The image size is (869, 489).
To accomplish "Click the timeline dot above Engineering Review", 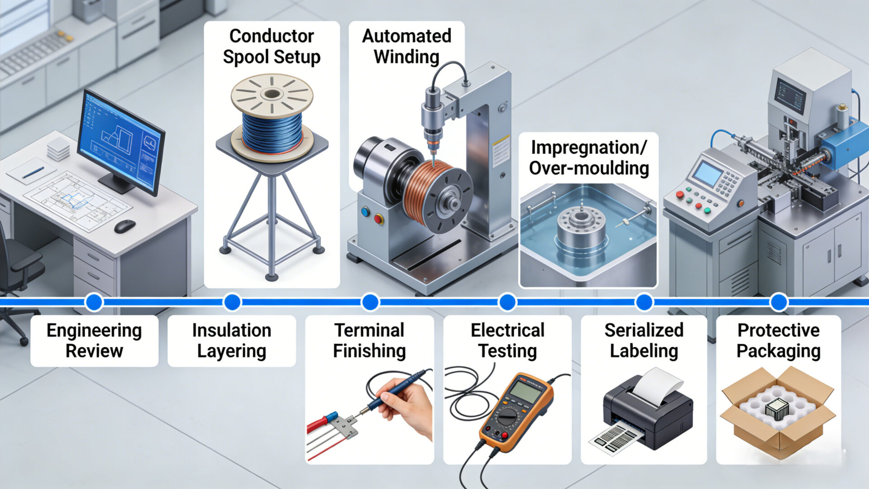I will point(94,302).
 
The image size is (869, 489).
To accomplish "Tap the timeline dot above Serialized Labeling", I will point(644,302).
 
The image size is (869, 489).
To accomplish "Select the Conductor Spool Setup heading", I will point(272,46).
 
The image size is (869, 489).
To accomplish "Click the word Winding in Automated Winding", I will point(406,57).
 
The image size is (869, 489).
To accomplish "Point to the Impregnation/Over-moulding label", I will point(588,158).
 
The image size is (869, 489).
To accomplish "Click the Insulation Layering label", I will point(231,340).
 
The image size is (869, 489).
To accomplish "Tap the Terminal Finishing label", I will point(369,340).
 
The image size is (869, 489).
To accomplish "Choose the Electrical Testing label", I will point(507,340).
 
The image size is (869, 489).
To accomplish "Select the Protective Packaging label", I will point(778,340).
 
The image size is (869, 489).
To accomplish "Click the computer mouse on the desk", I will point(124,226).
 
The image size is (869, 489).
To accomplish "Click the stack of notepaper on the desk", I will point(58,149).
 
